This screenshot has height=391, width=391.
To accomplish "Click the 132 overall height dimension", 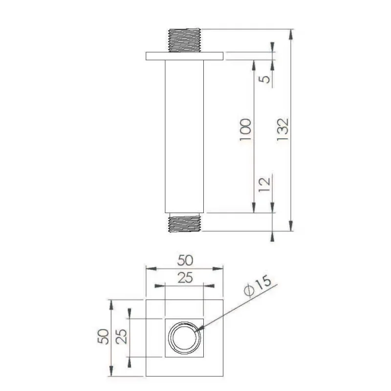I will pyautogui.click(x=284, y=130).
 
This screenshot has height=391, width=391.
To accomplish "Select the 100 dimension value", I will pyautogui.click(x=246, y=130).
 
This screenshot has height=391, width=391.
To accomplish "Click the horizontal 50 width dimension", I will pyautogui.click(x=185, y=259).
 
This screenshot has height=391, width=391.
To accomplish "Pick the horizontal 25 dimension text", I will pyautogui.click(x=185, y=278).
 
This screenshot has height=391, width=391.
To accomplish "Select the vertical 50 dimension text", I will pyautogui.click(x=104, y=337).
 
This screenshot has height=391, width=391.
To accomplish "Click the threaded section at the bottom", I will pyautogui.click(x=185, y=224).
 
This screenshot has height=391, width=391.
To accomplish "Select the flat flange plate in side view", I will pyautogui.click(x=185, y=56).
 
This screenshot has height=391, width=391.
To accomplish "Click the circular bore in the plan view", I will pyautogui.click(x=185, y=337).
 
